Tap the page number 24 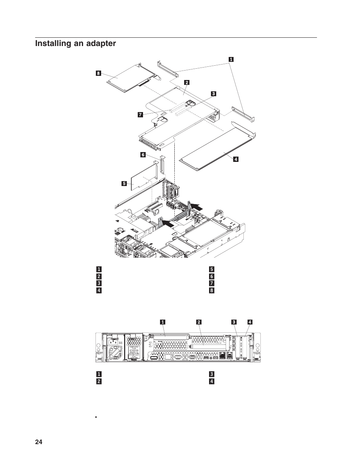[38, 442]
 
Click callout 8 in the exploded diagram [98, 73]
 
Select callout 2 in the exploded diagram [186, 82]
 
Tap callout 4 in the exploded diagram [236, 159]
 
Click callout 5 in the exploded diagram [124, 184]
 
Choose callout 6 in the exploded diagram [143, 155]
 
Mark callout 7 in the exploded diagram [140, 115]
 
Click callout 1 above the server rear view [163, 322]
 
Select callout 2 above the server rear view [198, 322]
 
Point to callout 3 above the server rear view [234, 322]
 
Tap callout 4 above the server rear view [250, 322]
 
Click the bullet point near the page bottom [96, 418]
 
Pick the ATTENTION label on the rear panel [135, 350]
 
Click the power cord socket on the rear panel [113, 344]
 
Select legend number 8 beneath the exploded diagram [212, 291]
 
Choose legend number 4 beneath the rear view [212, 381]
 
